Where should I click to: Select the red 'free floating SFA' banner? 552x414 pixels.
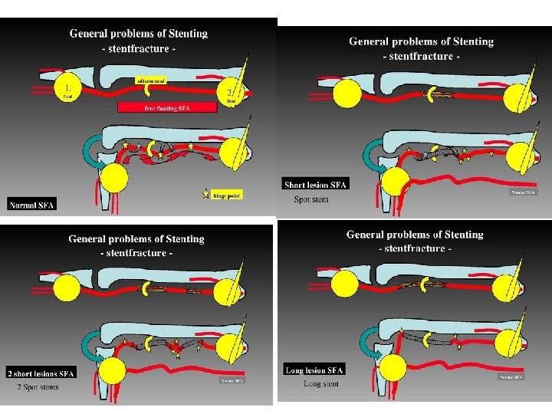click(167, 108)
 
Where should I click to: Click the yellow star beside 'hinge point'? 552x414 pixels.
click(205, 195)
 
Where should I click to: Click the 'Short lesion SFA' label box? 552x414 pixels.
click(316, 185)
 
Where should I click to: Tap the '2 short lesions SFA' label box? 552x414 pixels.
click(41, 373)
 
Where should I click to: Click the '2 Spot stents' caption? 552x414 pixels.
click(38, 386)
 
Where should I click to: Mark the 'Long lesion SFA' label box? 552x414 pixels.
click(314, 370)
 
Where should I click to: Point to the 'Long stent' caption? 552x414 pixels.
click(322, 383)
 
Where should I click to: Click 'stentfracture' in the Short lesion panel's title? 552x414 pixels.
click(422, 56)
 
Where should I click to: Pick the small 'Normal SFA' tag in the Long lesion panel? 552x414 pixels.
click(511, 377)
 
